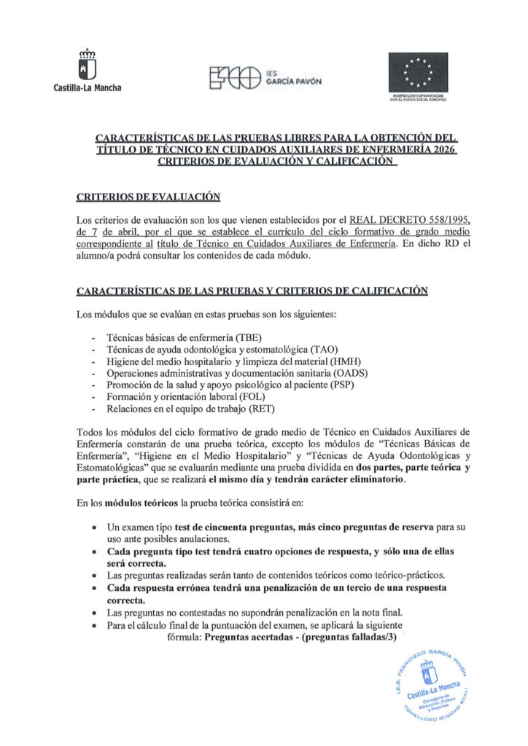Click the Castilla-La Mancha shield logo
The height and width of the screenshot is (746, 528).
click(88, 66)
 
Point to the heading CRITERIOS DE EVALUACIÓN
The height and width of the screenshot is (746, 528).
click(148, 197)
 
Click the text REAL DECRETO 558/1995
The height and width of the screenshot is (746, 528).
click(412, 220)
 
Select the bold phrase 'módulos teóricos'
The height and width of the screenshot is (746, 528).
click(137, 503)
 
